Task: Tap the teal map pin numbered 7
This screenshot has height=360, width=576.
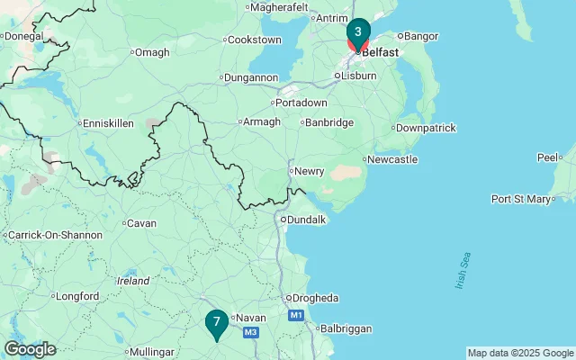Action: [216, 322]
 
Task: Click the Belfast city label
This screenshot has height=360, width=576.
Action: [380, 52]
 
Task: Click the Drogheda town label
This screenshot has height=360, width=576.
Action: [315, 298]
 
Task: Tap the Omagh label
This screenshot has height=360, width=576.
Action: [152, 52]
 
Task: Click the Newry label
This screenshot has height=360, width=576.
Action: [309, 171]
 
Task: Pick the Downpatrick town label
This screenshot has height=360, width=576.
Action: [427, 128]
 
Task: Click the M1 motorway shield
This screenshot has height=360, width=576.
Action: [296, 316]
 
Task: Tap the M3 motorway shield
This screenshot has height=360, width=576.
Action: [251, 333]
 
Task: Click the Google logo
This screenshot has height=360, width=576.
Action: [30, 349]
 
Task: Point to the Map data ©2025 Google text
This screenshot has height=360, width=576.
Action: [520, 353]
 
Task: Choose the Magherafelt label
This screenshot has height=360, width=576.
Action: [276, 6]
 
